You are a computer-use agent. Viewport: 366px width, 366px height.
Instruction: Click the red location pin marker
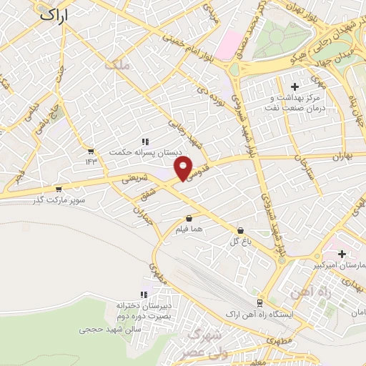coord(184,169)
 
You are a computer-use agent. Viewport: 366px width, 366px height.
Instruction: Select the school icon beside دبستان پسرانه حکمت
coord(145,142)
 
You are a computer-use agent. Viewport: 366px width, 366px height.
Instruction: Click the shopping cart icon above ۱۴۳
coord(91,152)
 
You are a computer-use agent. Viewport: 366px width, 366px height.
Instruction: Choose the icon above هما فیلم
coord(189,219)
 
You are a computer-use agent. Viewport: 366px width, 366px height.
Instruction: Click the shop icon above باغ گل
coord(239,231)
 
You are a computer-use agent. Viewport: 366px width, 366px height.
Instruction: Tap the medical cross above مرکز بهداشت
coord(295,86)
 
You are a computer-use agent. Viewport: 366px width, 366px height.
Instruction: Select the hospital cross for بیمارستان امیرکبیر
coord(342,254)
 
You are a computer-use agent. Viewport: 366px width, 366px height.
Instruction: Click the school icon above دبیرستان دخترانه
coord(144,294)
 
